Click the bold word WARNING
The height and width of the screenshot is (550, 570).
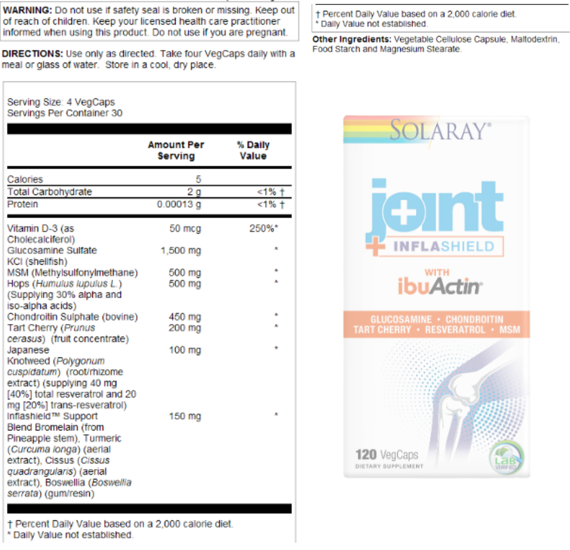[x=27, y=10]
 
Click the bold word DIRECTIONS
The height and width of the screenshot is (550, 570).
[x=32, y=54]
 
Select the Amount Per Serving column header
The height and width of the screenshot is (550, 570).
[x=176, y=150]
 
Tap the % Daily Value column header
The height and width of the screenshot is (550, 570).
[x=253, y=150]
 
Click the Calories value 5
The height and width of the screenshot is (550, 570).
[x=198, y=179]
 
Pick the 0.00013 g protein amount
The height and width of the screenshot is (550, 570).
[x=179, y=204]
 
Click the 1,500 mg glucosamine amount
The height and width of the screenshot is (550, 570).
[x=181, y=251]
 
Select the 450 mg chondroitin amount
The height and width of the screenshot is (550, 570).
[x=185, y=317]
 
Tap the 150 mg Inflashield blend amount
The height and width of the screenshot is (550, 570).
[x=185, y=416]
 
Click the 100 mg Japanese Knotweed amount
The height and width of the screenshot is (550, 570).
[x=185, y=350]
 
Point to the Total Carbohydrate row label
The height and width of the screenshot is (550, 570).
[x=50, y=192]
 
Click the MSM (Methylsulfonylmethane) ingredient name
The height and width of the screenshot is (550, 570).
[x=73, y=273]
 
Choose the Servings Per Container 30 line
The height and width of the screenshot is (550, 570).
[x=65, y=113]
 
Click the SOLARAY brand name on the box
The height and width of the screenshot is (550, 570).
[x=440, y=131]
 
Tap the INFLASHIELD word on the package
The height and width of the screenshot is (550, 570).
[x=444, y=247]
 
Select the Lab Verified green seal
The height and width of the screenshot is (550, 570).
[x=506, y=458]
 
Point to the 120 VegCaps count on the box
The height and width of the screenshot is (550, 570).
[x=386, y=455]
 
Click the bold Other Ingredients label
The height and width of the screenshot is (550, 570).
[x=352, y=39]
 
